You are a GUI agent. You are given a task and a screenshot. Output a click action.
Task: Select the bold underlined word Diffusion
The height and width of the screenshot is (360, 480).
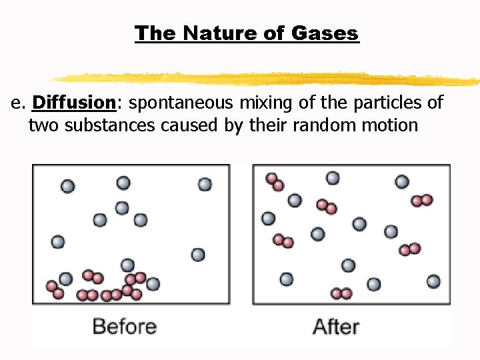(74, 103)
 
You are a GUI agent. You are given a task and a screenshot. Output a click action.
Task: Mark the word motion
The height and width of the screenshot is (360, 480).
(395, 125)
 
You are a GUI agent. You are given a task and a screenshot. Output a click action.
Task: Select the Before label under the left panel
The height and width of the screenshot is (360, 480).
(125, 327)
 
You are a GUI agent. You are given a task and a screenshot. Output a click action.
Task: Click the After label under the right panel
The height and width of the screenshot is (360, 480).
(336, 327)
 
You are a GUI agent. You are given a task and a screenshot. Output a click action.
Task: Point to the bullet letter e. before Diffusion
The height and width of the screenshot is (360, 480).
(19, 103)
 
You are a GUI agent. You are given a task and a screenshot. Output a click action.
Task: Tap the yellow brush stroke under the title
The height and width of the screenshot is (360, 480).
(267, 78)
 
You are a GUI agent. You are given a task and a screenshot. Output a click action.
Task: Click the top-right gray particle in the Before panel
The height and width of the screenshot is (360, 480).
(205, 184)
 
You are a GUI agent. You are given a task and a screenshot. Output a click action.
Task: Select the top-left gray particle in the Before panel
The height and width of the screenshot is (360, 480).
(67, 186)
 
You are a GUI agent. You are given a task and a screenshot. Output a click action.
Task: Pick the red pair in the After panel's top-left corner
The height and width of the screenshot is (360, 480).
(275, 182)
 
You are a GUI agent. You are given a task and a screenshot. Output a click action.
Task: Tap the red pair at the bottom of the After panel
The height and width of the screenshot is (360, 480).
(341, 293)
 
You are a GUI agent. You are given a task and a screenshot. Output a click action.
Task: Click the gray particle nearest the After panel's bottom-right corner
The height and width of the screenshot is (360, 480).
(433, 281)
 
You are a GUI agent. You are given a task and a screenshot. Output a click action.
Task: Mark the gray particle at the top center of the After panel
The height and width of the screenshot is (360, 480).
(333, 178)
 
